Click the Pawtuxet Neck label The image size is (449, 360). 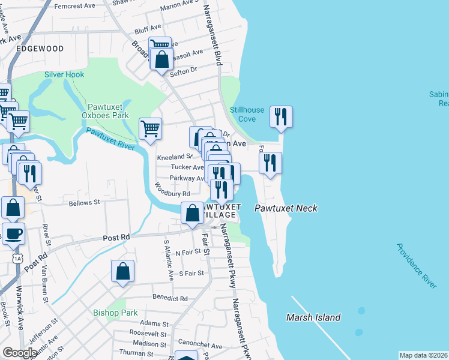click(x=285, y=208)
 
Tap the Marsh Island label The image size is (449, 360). click(x=313, y=317)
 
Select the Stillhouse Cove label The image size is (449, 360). click(x=247, y=114)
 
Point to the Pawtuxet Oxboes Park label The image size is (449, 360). click(x=106, y=110)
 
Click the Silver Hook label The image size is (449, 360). click(x=64, y=74)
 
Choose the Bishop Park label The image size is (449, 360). click(x=115, y=313)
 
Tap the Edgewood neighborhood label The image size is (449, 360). click(x=40, y=48)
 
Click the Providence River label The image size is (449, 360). click(x=416, y=266)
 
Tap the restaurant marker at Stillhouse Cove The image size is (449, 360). click(x=280, y=116)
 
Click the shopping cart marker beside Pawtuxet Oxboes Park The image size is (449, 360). click(x=150, y=128)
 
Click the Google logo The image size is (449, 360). click(x=20, y=353)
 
